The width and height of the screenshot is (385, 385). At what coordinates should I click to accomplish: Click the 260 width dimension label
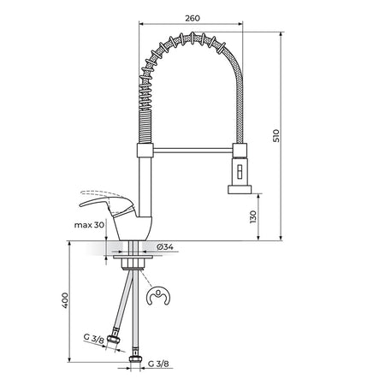[x=192, y=18]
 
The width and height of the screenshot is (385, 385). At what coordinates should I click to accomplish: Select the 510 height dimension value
[x=276, y=136]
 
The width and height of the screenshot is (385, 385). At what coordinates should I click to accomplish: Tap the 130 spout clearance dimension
[x=252, y=216]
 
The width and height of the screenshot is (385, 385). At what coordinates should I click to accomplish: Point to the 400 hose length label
[x=65, y=300]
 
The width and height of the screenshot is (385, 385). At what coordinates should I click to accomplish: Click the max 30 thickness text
[x=89, y=225]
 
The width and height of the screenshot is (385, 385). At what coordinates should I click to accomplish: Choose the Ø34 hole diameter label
[x=165, y=247]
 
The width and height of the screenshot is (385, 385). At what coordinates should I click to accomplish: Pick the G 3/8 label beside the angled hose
[x=94, y=339]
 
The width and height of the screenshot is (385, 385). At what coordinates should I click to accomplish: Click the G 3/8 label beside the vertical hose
[x=158, y=364]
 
